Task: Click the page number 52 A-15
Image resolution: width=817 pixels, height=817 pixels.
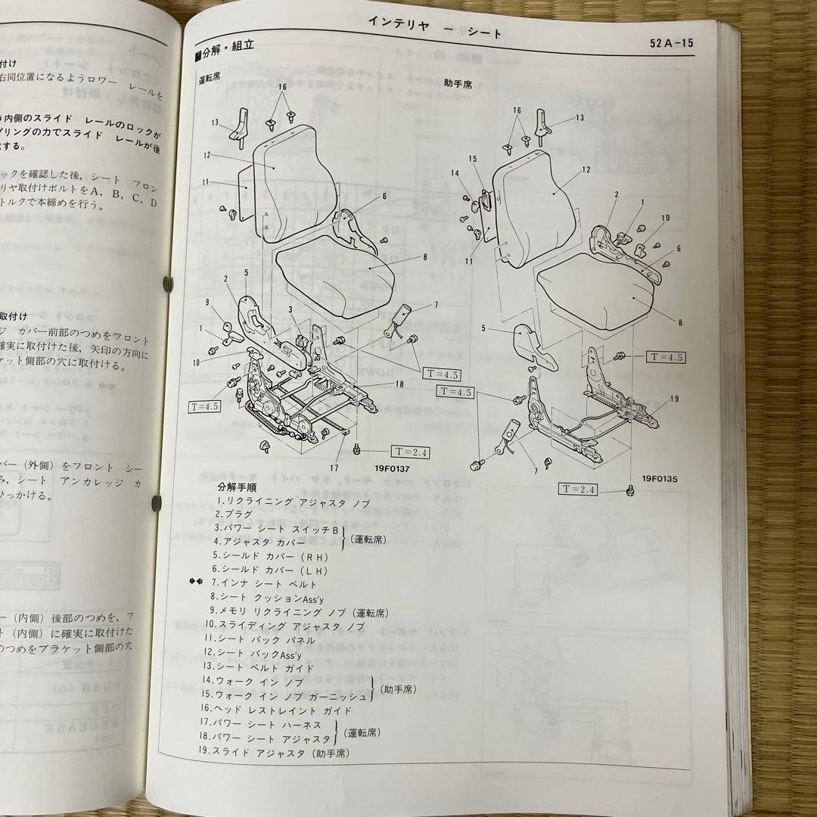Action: click(671, 43)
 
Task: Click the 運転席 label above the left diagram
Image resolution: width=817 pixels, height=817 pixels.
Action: click(209, 76)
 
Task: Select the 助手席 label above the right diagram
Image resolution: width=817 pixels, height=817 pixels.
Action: click(458, 82)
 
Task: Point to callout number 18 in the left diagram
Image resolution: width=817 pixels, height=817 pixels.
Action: click(399, 384)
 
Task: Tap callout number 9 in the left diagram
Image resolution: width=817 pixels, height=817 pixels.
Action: click(207, 302)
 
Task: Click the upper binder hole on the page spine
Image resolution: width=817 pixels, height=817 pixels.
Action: click(166, 284)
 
